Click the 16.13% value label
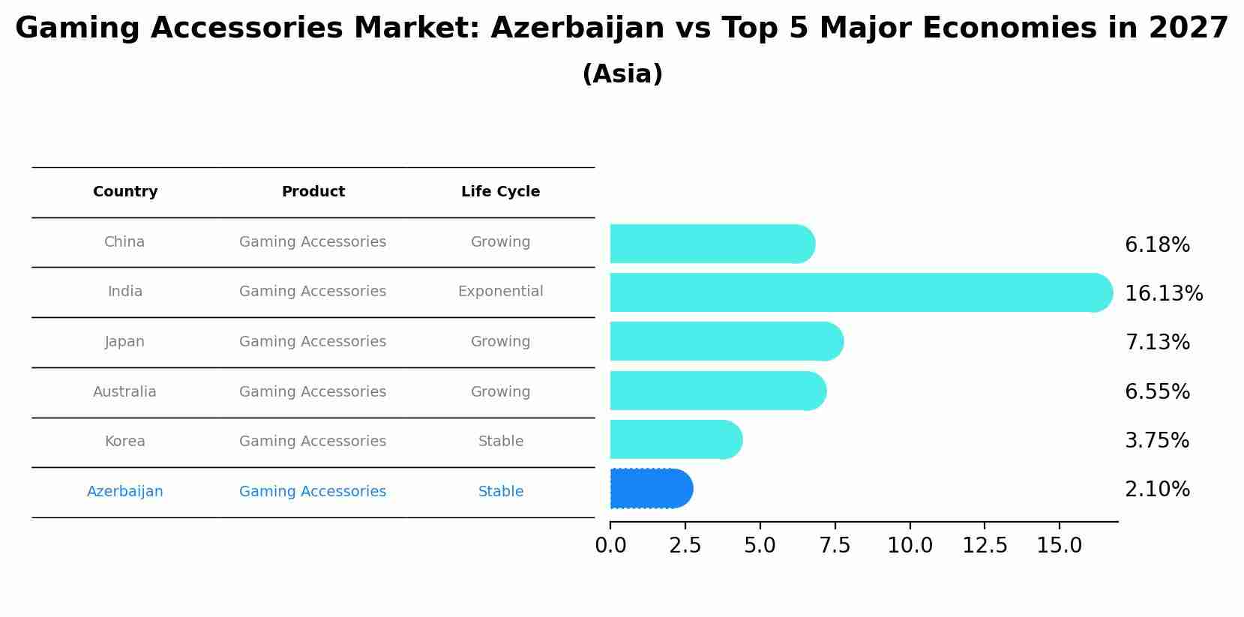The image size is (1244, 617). [x=1164, y=293]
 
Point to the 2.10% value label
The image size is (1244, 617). [x=1157, y=490]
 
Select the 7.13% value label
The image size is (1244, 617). [x=1157, y=343]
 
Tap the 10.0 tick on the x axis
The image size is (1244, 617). [x=910, y=546]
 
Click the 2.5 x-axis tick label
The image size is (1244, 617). [x=685, y=546]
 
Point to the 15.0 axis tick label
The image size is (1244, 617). [x=1059, y=546]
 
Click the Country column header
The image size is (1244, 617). [x=125, y=192]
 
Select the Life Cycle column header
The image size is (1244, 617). [x=500, y=192]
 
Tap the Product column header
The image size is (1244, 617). [x=313, y=192]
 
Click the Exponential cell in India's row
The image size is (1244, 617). [x=500, y=292]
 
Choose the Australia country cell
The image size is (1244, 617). [x=124, y=392]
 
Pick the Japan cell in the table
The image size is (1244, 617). [x=124, y=342]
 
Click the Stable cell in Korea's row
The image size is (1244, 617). [x=500, y=442]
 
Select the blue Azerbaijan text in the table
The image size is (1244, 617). [x=124, y=492]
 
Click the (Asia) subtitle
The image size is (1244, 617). [x=622, y=74]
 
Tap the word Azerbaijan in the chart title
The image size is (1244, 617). [x=577, y=28]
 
